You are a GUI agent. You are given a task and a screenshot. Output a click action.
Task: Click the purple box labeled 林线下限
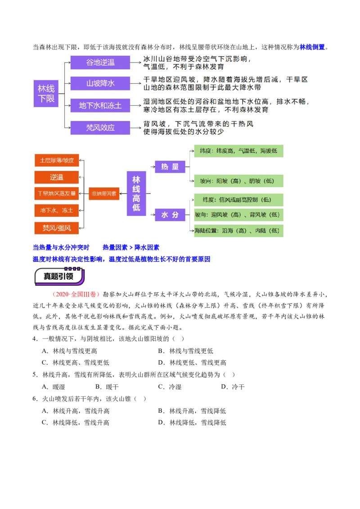(46, 94)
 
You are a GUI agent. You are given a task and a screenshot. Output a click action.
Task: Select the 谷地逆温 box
(100, 63)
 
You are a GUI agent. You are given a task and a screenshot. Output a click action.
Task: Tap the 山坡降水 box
(100, 84)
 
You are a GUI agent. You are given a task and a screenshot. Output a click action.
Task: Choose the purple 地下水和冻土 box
(100, 106)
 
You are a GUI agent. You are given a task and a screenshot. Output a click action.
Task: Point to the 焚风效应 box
(100, 128)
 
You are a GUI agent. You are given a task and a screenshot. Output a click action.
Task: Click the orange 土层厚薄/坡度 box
(57, 160)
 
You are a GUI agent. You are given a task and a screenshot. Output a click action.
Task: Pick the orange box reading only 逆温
(57, 177)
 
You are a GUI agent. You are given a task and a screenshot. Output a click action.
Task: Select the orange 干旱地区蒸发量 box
(57, 193)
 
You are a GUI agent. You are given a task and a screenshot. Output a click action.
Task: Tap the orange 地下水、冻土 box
(57, 210)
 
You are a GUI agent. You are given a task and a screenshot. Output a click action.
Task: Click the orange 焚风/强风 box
(57, 228)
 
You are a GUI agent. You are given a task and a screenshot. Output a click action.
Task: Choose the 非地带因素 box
(104, 193)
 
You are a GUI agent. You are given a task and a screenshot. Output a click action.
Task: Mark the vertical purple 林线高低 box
(136, 193)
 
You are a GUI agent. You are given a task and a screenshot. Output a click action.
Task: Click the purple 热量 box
(170, 167)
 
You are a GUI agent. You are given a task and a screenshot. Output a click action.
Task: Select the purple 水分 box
(170, 215)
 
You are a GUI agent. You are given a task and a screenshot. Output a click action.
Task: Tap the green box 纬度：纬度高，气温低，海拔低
(238, 151)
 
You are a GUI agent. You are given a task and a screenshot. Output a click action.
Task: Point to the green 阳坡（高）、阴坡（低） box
(238, 181)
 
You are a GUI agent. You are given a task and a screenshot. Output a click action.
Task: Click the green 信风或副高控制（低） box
(238, 200)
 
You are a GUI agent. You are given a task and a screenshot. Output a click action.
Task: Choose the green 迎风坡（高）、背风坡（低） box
(238, 215)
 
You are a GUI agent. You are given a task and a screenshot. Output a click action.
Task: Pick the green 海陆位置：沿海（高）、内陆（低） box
(238, 231)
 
